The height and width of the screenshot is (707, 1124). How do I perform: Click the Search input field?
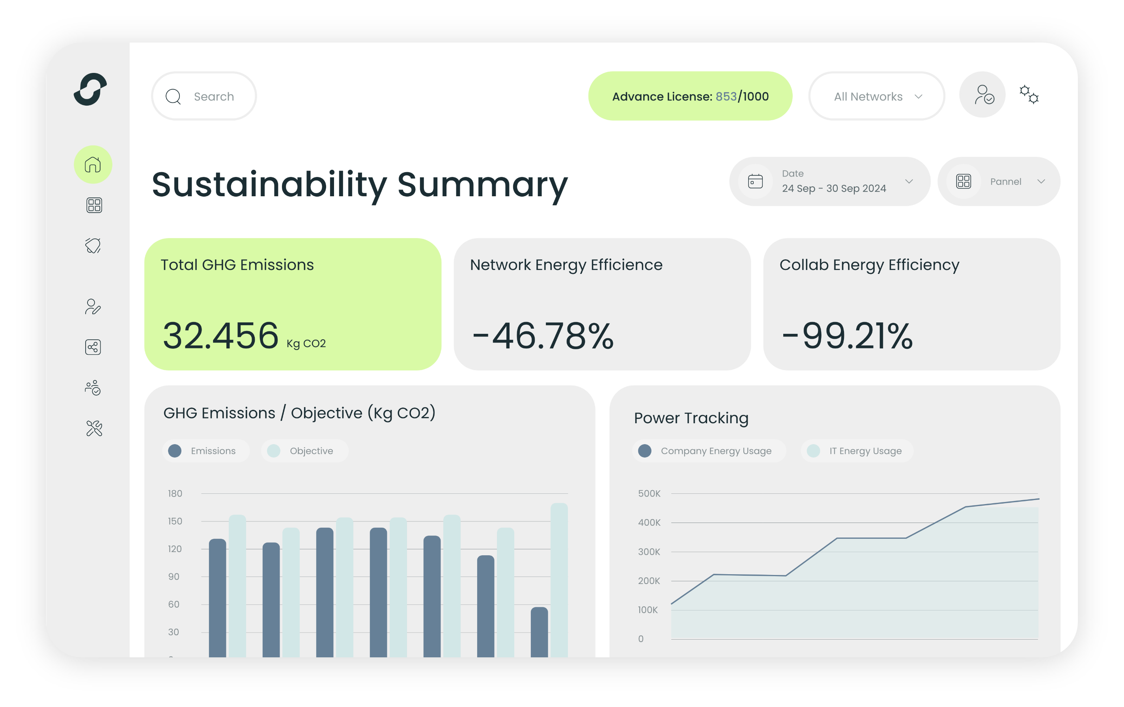(204, 97)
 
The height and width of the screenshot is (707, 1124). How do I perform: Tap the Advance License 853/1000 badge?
(690, 97)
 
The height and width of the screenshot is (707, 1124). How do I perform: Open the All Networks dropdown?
(877, 97)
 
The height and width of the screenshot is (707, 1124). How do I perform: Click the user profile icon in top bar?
(982, 95)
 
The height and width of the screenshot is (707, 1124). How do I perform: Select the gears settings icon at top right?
(1029, 95)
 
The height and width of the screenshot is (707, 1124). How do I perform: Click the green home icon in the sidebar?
(93, 165)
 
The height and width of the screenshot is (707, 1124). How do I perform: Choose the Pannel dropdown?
(999, 181)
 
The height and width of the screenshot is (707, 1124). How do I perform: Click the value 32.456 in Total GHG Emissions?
(220, 336)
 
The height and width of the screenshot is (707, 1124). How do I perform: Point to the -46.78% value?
(543, 336)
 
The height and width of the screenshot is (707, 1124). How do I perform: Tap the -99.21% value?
(847, 336)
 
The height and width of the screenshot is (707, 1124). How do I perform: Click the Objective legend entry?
(304, 451)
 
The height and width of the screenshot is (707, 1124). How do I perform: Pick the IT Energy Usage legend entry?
(857, 451)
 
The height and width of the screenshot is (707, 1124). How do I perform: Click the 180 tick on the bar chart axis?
(175, 493)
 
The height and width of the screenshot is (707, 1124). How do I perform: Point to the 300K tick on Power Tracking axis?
(649, 552)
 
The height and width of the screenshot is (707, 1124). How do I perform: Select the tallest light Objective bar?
(559, 578)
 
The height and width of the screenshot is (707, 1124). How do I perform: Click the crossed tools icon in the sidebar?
(94, 428)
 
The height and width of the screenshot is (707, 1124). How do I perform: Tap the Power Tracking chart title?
(691, 418)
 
